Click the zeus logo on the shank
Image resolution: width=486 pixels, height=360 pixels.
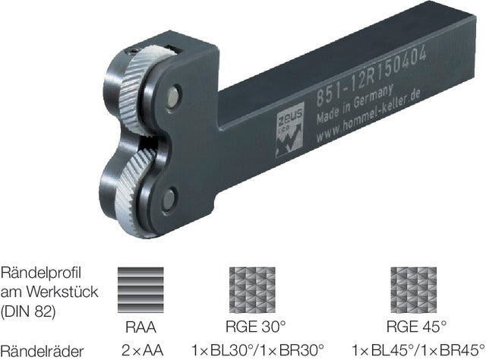(289, 130)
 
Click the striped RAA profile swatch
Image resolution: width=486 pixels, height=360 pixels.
(140, 290)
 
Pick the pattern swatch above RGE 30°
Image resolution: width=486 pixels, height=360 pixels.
(252, 290)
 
